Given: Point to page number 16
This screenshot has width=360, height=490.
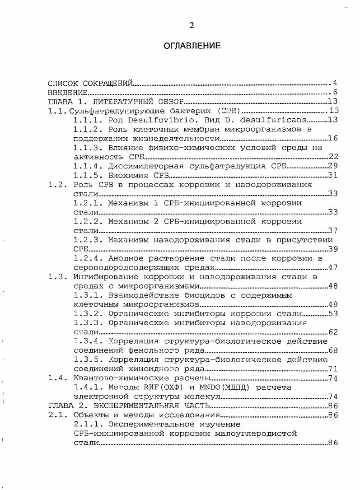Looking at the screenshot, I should tap(333, 138).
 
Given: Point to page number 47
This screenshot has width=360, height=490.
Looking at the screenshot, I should tap(333, 267).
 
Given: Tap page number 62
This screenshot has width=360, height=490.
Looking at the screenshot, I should tap(333, 332).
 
